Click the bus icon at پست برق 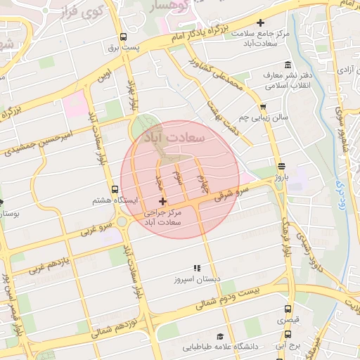click(124, 37)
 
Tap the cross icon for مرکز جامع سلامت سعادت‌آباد click(262, 24)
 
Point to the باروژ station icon click(282, 167)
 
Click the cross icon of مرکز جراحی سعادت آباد click(162, 202)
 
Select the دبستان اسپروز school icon click(198, 268)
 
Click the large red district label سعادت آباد click(173, 136)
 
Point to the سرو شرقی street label click(233, 194)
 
